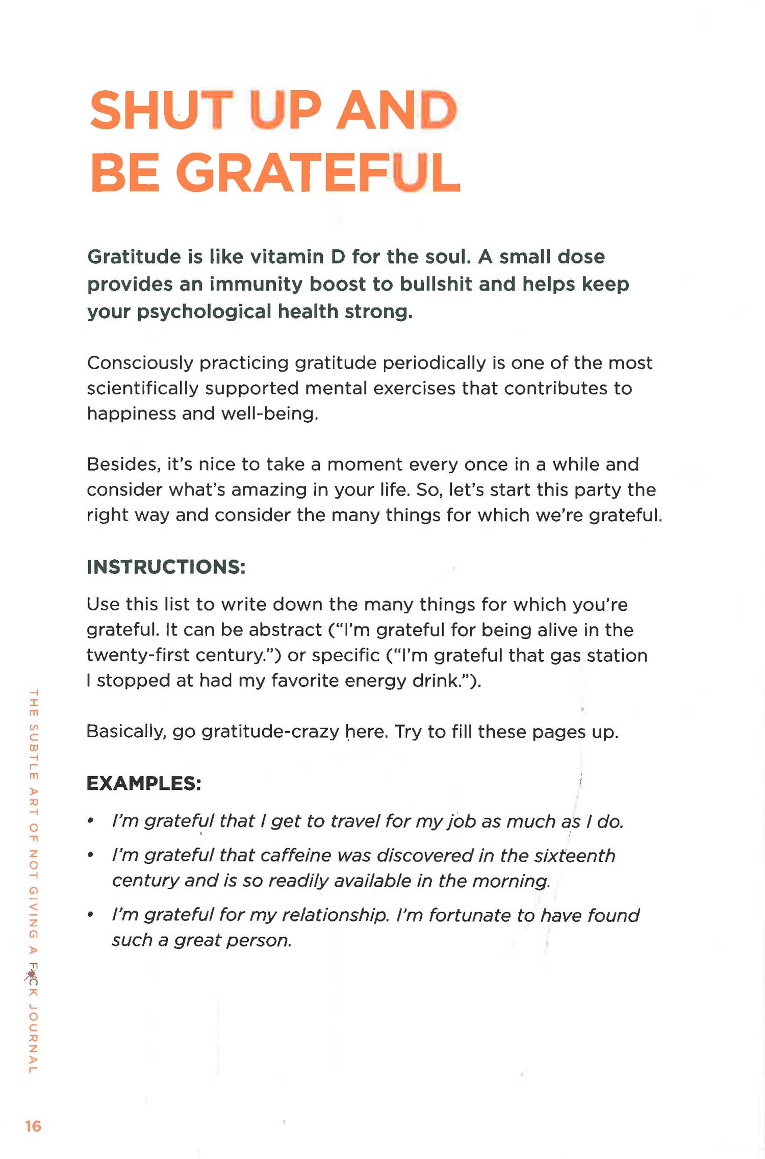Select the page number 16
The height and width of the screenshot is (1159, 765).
tap(33, 1126)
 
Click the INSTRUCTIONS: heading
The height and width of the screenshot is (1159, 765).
tap(166, 567)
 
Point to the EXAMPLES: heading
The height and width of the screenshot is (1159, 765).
tap(144, 783)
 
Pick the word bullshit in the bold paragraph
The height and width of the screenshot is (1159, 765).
tap(436, 284)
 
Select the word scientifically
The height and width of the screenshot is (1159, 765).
tap(143, 389)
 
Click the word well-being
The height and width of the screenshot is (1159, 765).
tap(270, 414)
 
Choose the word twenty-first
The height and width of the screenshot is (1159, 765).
tap(138, 655)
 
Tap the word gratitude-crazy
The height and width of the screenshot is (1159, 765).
tap(270, 732)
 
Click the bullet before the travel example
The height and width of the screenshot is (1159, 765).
tap(90, 821)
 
